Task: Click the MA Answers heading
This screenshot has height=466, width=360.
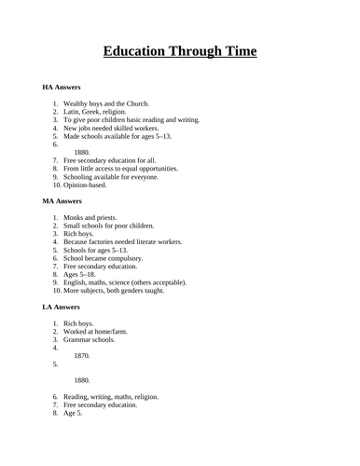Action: [x=62, y=199]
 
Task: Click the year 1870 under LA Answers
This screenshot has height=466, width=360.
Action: [x=81, y=356]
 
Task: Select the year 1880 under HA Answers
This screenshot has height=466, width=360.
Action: [x=81, y=152]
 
